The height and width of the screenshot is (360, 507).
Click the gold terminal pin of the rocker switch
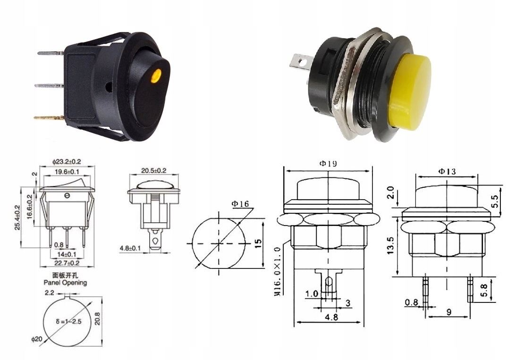click(x=49, y=117)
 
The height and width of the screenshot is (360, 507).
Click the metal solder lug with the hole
click(x=300, y=63)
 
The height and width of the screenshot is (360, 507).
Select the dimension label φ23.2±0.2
click(x=66, y=161)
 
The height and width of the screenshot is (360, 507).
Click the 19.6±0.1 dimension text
click(x=66, y=172)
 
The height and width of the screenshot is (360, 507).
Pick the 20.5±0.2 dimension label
click(x=153, y=170)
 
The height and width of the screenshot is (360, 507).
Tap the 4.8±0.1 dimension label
click(x=130, y=249)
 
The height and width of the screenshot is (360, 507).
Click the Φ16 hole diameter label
click(x=240, y=204)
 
